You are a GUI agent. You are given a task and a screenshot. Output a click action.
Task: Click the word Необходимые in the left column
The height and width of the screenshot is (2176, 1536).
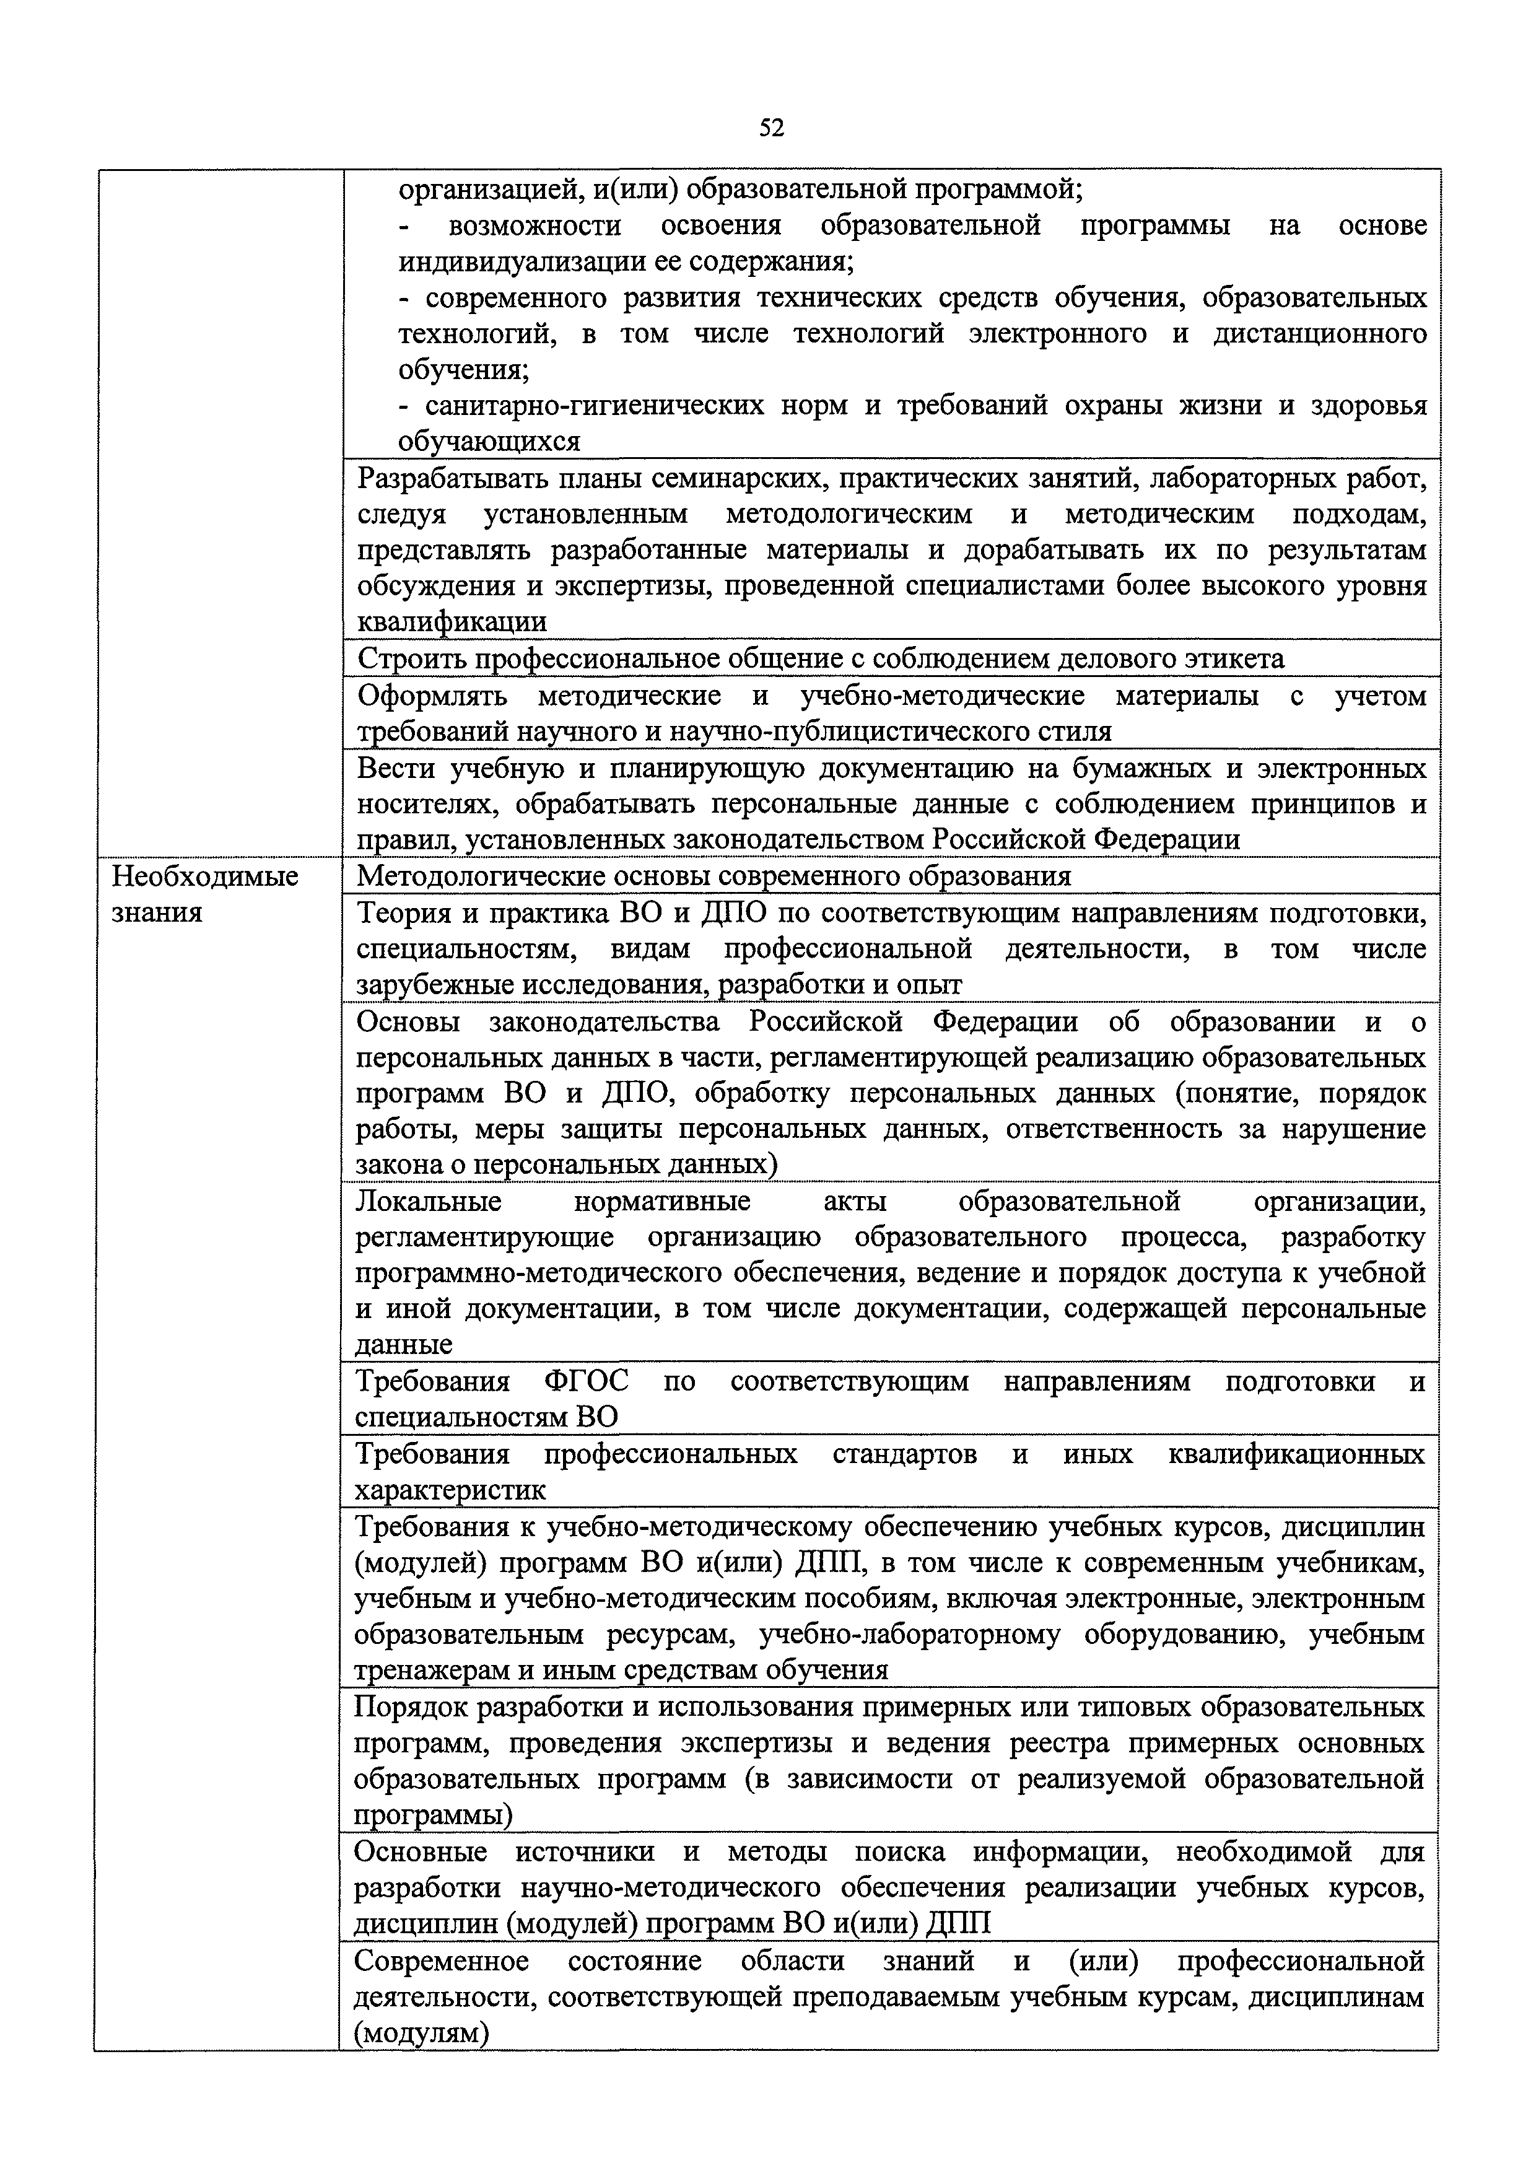point(204,876)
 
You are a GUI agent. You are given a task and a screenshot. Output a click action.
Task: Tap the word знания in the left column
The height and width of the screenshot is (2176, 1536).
point(157,912)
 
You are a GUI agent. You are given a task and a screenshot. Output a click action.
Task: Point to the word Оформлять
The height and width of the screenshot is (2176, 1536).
point(433,696)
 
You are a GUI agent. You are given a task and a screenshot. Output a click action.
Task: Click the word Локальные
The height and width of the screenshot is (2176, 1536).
point(429,1201)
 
